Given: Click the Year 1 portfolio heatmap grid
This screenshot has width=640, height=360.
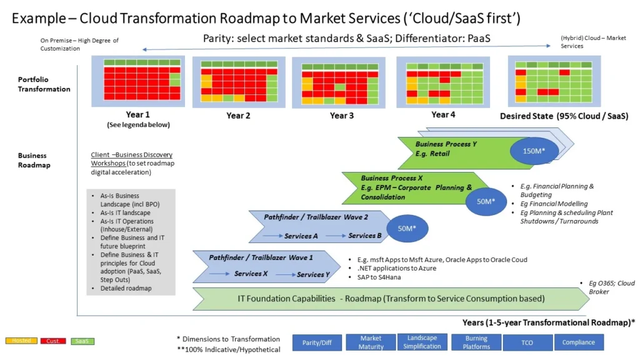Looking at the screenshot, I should tap(137, 82).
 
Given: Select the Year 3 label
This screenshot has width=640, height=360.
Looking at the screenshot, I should tap(342, 116).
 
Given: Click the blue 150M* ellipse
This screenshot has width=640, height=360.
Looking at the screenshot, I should tap(534, 151).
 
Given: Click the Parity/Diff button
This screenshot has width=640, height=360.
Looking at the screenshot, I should tap(317, 342).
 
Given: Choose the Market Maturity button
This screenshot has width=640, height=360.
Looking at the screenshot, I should tap(371, 342).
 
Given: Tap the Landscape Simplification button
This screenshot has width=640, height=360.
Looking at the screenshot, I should tap(422, 342).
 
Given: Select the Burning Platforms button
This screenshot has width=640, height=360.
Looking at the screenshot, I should tap(476, 342).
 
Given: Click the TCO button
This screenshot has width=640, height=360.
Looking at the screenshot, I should tap(527, 342).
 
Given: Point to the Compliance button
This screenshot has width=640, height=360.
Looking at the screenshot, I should tap(579, 342).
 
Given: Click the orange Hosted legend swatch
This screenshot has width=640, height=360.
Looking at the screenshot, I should tap(21, 341).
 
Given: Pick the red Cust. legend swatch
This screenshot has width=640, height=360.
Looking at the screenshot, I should tap(53, 341).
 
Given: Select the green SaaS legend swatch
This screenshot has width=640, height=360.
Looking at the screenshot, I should tap(82, 341).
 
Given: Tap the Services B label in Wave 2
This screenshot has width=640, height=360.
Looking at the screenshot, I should tap(366, 236).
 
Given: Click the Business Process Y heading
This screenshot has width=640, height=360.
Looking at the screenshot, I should tap(446, 144).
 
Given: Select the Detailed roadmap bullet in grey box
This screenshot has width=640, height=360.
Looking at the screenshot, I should tap(126, 288).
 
